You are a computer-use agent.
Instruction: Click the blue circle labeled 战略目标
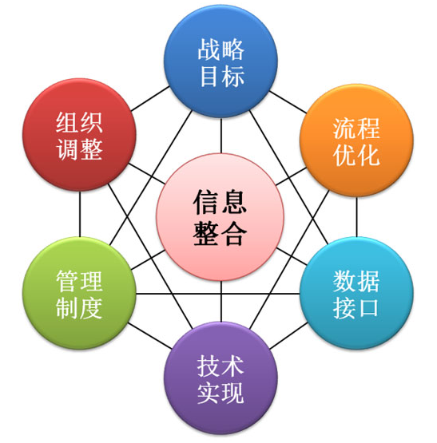221,61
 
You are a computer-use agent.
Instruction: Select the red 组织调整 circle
79,135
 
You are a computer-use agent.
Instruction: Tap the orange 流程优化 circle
356,140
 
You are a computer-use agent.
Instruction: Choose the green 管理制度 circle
79,293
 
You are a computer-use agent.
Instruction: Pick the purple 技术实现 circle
221,378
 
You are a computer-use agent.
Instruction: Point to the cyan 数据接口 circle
356,293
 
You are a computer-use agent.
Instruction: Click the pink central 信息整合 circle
220,217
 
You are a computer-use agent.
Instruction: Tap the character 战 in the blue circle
209,49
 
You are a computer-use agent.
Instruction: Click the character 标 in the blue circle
233,77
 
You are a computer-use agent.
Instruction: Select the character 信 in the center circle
206,202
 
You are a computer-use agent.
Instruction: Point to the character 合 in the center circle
233,233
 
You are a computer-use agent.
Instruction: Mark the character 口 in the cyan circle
368,308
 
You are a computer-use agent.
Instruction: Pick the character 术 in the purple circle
232,366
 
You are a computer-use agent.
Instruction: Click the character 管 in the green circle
67,281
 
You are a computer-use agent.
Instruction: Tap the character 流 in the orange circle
344,129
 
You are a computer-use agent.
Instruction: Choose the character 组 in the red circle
67,123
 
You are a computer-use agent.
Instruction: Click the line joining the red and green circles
80,214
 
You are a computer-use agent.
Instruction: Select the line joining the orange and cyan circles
356,216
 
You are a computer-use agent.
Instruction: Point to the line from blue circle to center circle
221,136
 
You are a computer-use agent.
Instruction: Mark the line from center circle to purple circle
221,301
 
